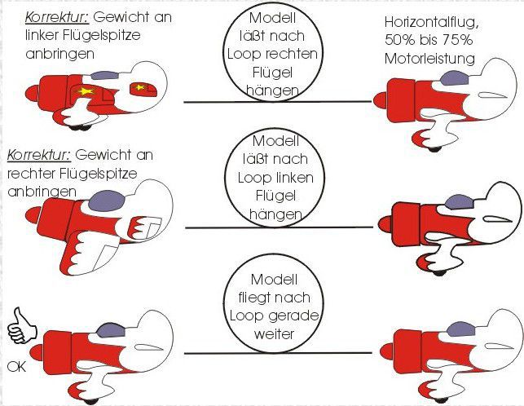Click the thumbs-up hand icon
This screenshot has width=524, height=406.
click(x=22, y=326)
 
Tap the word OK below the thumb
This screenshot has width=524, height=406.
click(x=17, y=367)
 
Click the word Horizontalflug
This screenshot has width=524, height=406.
click(x=432, y=23)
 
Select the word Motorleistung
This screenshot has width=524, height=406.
click(x=429, y=60)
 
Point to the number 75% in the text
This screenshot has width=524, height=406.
click(x=457, y=40)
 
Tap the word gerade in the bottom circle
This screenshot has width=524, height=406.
click(x=297, y=316)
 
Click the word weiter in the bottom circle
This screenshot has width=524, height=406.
click(x=274, y=333)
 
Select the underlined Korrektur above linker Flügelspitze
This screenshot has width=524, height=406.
click(x=58, y=17)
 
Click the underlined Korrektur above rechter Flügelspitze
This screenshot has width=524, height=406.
click(x=39, y=155)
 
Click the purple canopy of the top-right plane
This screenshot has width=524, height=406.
click(x=454, y=79)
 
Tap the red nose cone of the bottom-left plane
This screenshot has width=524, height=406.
click(x=36, y=353)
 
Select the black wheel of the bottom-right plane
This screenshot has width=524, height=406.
click(x=440, y=399)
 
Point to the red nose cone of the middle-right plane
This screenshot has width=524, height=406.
click(x=385, y=224)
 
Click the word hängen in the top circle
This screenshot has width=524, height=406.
click(x=272, y=90)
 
